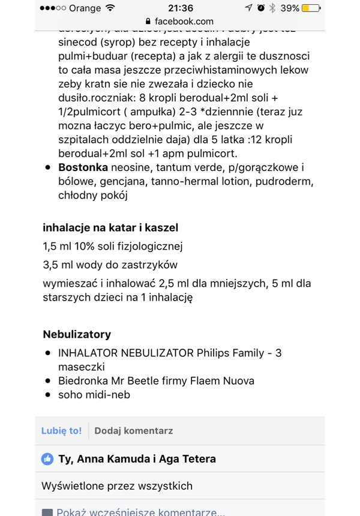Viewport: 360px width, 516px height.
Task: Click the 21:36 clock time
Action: pos(180,8)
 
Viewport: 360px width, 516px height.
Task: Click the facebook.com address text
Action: pos(184,22)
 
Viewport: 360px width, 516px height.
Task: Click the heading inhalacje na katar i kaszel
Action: pos(110,228)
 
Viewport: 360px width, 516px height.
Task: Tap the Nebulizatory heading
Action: pos(77,334)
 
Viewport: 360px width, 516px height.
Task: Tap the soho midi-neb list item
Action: pos(94,395)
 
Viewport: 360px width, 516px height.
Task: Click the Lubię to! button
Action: pos(61,431)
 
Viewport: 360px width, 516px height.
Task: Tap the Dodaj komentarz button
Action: pos(133,431)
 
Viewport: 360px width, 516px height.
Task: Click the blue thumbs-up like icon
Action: pos(47,459)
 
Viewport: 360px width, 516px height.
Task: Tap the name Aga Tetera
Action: pos(188,459)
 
